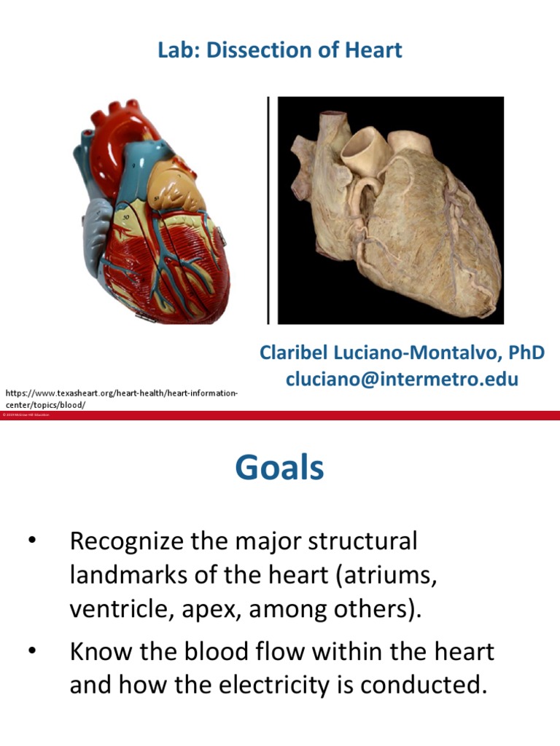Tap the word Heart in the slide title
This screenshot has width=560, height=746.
[376, 50]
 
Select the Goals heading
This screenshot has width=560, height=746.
[279, 467]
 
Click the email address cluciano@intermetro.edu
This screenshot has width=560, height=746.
[402, 380]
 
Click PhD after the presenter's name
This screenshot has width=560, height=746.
[527, 353]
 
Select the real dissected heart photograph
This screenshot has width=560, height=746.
[391, 211]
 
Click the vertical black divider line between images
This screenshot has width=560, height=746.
[269, 211]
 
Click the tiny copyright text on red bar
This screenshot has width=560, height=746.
[26, 415]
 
